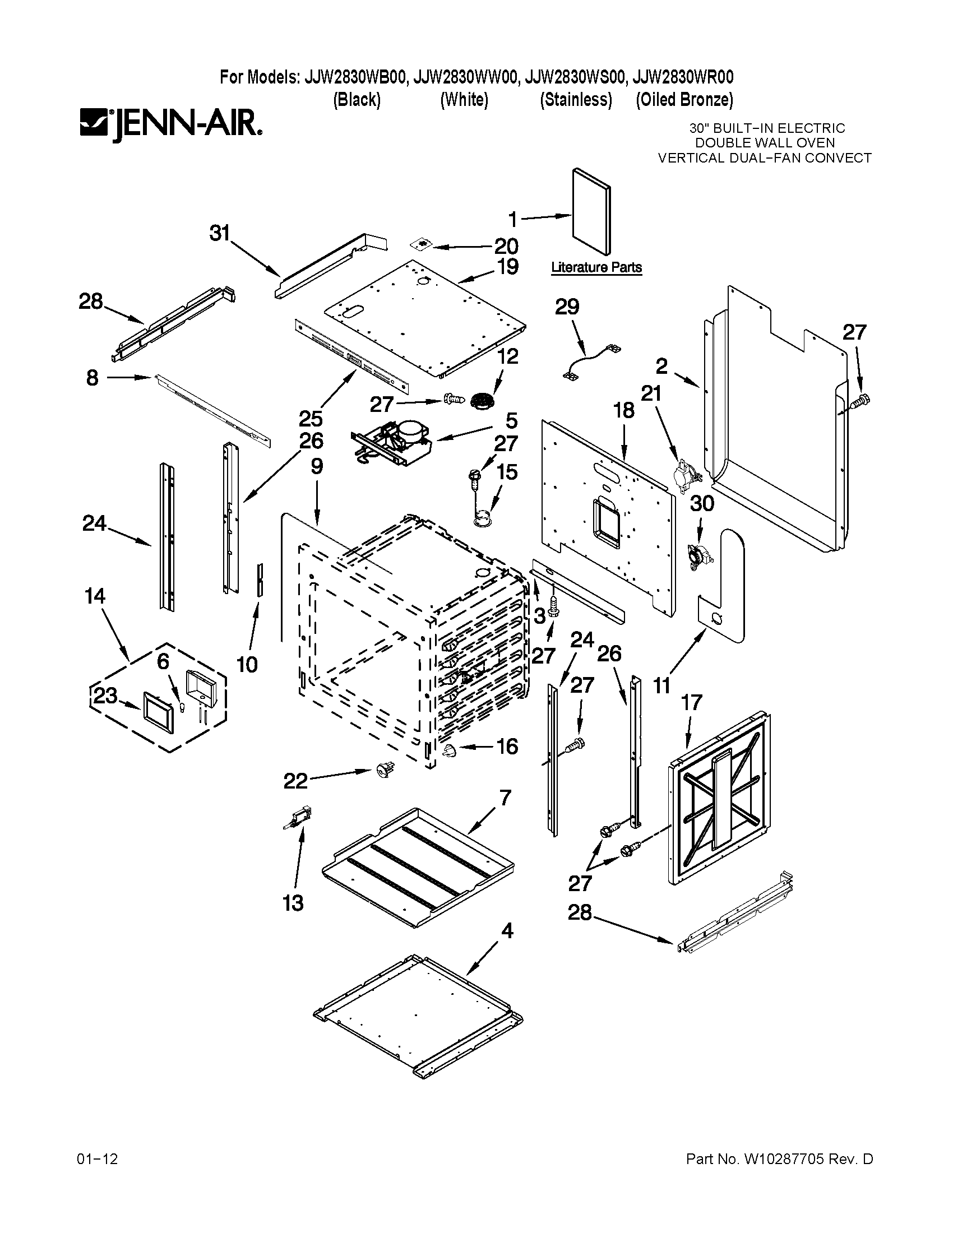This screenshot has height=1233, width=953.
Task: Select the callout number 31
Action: click(220, 233)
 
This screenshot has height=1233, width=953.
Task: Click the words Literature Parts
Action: click(596, 267)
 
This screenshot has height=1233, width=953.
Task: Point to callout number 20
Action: click(506, 246)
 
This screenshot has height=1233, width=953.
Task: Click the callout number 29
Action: click(567, 307)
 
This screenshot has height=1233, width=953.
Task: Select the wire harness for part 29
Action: click(590, 360)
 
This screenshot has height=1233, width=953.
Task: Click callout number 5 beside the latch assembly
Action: click(511, 420)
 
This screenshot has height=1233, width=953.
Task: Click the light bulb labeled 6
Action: click(182, 706)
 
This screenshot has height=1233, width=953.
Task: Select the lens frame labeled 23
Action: click(159, 712)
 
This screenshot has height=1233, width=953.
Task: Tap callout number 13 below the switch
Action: click(293, 903)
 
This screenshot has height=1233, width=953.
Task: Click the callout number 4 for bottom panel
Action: click(507, 930)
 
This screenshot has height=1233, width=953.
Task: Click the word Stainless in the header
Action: click(575, 100)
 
